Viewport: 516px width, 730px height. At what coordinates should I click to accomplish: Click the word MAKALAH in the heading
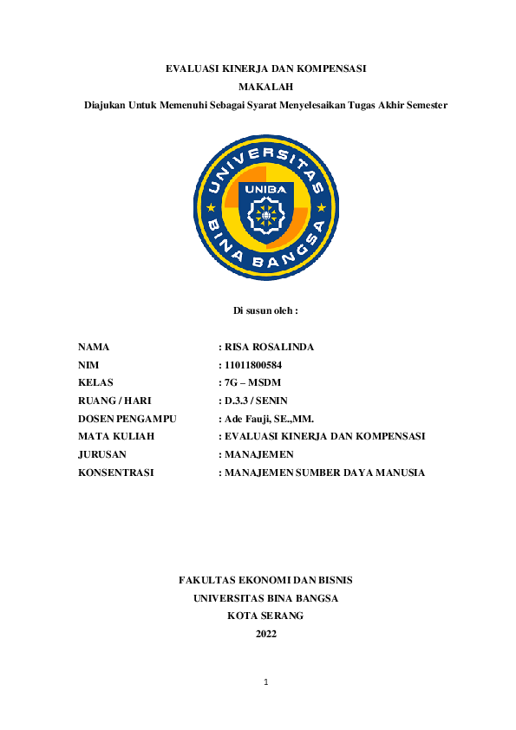point(265,87)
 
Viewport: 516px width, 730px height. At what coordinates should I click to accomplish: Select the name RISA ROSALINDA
point(269,347)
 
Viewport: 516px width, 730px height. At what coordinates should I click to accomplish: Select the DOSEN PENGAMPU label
point(127,418)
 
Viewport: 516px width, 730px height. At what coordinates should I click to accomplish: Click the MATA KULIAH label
point(116,436)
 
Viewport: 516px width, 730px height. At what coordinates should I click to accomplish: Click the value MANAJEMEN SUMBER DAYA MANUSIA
point(324,473)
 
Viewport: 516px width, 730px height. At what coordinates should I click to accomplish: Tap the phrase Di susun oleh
point(265,310)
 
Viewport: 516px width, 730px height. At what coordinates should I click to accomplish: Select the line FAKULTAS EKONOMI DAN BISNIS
point(265,580)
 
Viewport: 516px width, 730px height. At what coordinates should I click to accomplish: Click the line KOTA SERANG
point(265,616)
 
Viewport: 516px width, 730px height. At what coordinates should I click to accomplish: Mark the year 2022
point(265,634)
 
